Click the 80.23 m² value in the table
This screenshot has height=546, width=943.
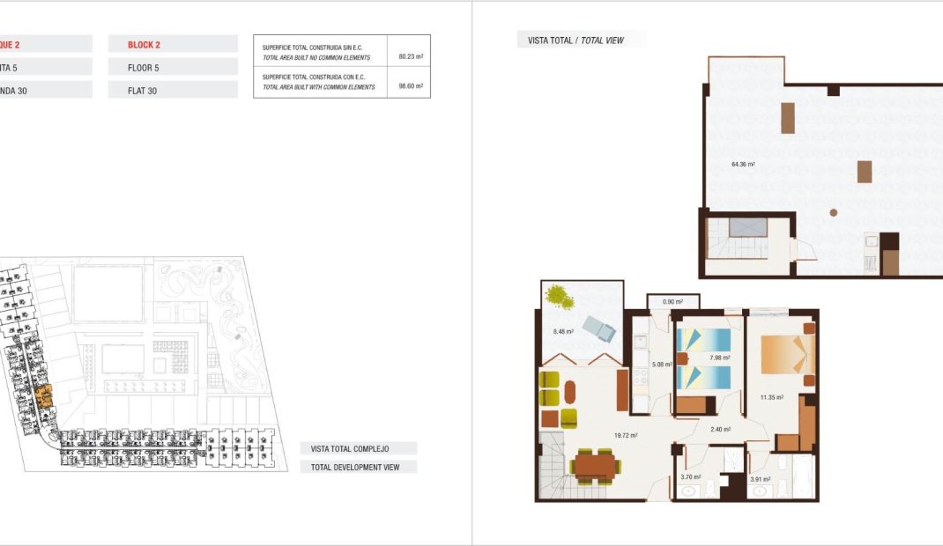(411, 56)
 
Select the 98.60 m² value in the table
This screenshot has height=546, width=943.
(411, 86)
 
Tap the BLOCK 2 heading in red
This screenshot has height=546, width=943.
(145, 44)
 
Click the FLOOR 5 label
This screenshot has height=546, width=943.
(144, 67)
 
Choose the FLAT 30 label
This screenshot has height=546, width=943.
(142, 90)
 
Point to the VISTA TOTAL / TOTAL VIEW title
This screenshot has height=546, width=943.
(575, 41)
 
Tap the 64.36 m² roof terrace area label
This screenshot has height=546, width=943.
(743, 164)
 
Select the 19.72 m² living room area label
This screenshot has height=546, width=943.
(626, 435)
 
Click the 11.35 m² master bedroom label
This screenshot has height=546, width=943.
(772, 397)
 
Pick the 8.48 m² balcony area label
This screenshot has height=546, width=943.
(563, 332)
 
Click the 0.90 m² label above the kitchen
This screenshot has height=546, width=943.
(672, 302)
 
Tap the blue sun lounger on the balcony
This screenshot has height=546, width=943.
(599, 328)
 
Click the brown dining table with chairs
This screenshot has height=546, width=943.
(596, 465)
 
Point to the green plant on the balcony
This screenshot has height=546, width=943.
(558, 297)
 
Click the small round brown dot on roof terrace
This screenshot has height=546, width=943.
(834, 211)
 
